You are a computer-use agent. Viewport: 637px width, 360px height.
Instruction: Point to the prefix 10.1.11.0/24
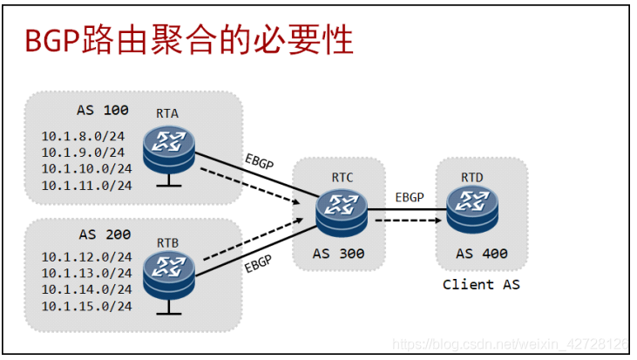pos(87,184)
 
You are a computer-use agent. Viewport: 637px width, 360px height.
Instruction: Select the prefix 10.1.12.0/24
pos(87,257)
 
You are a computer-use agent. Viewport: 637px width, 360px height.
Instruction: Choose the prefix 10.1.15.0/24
pos(87,305)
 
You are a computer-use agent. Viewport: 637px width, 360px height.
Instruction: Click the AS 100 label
pos(103,111)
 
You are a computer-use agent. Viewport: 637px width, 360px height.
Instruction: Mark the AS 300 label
pos(338,254)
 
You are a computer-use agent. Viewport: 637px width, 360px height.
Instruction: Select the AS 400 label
pos(481,254)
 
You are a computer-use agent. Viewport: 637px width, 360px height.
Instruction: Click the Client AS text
pos(480,284)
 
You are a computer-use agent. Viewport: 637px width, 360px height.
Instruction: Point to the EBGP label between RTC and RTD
pos(409,196)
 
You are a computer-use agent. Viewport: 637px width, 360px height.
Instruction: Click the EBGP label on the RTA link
pos(259,164)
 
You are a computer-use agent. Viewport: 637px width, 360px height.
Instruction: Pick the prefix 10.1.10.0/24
pos(87,167)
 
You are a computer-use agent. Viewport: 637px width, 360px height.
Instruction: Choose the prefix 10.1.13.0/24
pos(87,273)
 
